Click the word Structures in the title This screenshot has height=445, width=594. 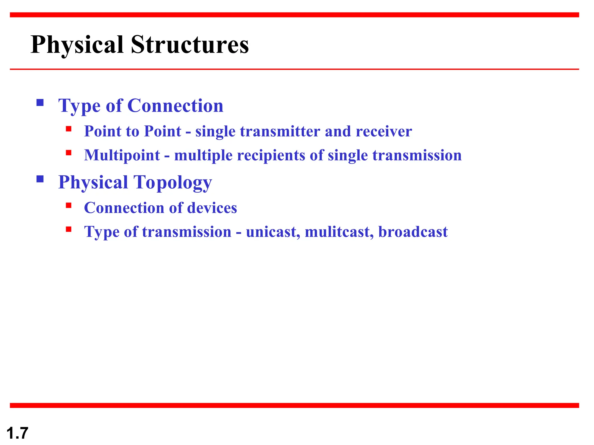[x=190, y=45]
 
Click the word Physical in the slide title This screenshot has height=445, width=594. [x=77, y=45]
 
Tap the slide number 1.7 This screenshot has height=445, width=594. [x=17, y=433]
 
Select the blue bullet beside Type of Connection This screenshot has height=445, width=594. [x=40, y=103]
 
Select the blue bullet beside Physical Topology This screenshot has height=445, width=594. [x=40, y=179]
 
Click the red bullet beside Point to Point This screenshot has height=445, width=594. [x=69, y=129]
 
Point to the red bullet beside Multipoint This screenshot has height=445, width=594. [x=69, y=153]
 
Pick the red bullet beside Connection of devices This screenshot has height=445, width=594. [x=69, y=205]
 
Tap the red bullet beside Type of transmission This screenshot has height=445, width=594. [x=69, y=229]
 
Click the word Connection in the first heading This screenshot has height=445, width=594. [x=175, y=105]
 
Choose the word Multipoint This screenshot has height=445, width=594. [x=122, y=156]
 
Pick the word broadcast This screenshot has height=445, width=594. [x=413, y=232]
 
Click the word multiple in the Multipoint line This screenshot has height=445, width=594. [x=203, y=156]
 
